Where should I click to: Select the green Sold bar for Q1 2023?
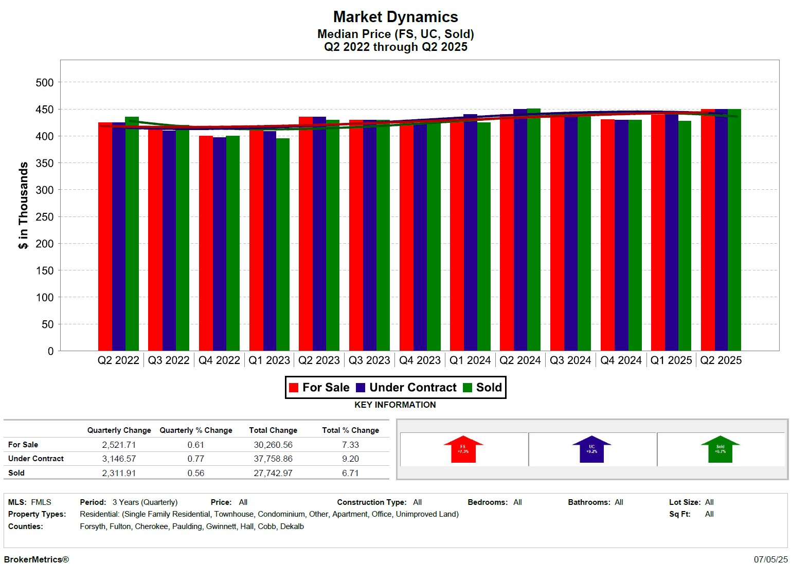(x=283, y=245)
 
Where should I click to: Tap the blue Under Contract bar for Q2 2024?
(x=520, y=230)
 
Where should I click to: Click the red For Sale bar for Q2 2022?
(x=105, y=236)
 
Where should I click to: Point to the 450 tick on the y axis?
(x=44, y=110)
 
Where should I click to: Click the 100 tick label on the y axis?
(x=44, y=297)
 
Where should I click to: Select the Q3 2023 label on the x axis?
(x=369, y=360)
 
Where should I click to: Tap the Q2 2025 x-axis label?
(x=721, y=360)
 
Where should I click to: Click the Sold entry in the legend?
(x=483, y=388)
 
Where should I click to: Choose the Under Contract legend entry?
(x=406, y=388)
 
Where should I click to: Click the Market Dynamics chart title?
(x=395, y=17)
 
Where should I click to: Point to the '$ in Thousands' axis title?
(x=23, y=206)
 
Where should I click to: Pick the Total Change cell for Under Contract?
(x=273, y=459)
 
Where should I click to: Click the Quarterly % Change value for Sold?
(x=196, y=473)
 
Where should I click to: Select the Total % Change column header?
(x=350, y=430)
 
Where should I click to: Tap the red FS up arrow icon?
(x=463, y=449)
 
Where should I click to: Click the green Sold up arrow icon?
(x=720, y=449)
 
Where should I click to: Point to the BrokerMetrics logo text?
(x=36, y=559)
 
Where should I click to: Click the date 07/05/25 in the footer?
(x=770, y=559)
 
